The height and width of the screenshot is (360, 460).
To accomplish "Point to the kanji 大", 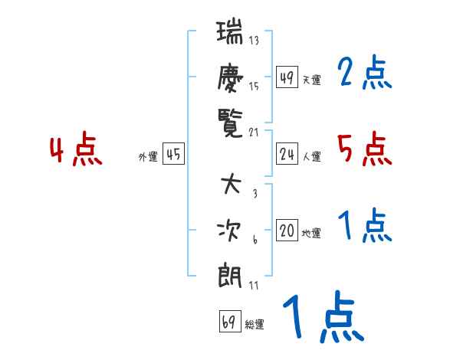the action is [x=231, y=186].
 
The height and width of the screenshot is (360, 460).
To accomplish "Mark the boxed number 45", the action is [x=174, y=155].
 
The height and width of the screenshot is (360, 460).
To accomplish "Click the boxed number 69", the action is [x=229, y=322].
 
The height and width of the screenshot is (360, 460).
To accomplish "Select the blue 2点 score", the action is [x=364, y=74].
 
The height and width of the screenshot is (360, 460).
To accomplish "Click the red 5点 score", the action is [x=364, y=149].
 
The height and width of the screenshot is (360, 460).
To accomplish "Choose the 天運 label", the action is [x=311, y=80].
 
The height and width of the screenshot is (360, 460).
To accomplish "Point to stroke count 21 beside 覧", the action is [x=255, y=132].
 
